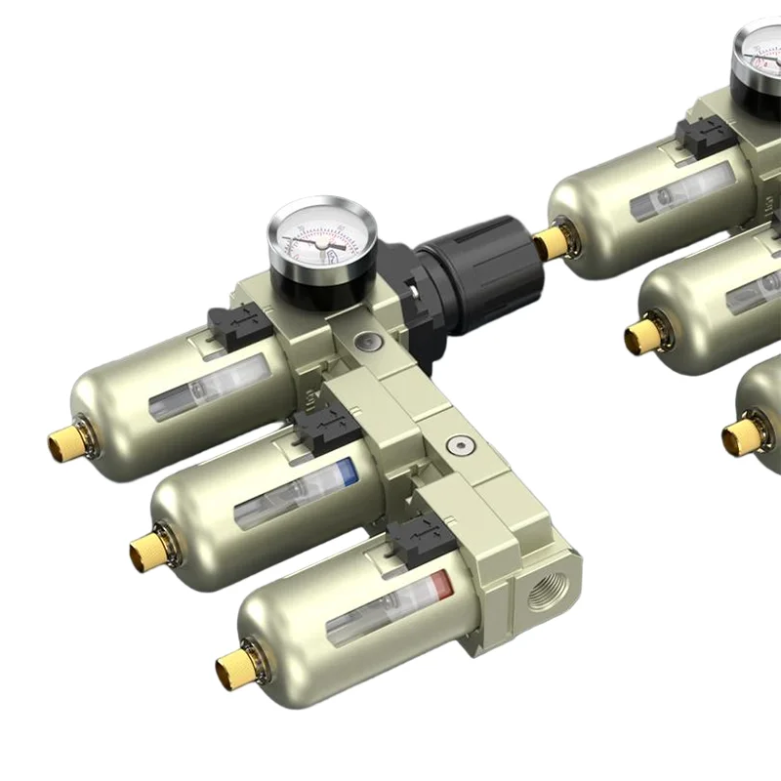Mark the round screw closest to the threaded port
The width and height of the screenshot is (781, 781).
pyautogui.click(x=455, y=446)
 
